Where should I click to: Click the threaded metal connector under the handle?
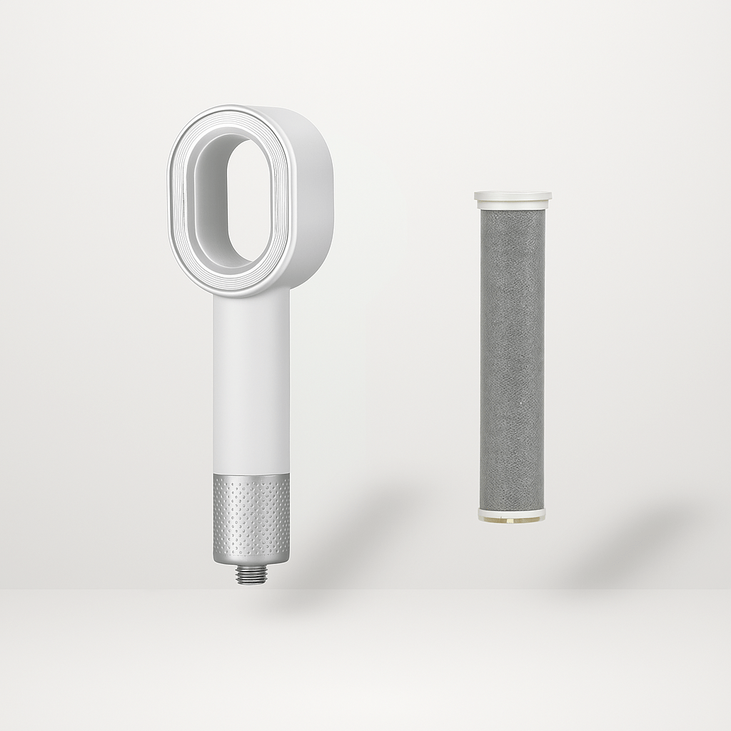coord(251,575)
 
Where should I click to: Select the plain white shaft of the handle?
coord(251,385)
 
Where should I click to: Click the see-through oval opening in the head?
coord(248,200)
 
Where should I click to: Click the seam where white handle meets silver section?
coord(251,474)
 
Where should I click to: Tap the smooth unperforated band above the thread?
coord(251,560)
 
